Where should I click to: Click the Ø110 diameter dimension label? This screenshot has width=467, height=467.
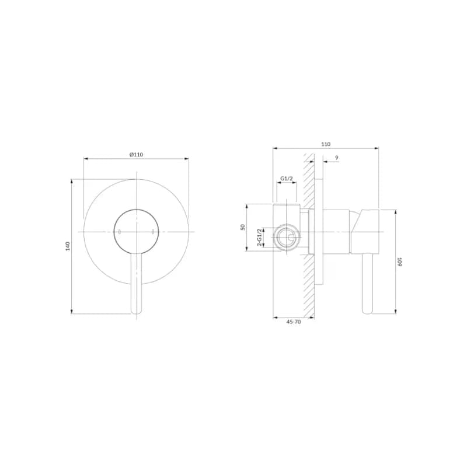click(136, 155)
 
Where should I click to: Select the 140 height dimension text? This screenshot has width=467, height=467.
click(68, 246)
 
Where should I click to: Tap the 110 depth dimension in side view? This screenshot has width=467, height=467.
click(326, 144)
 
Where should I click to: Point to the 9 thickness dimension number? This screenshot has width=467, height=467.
click(337, 158)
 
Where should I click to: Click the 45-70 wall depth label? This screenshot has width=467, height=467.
click(294, 322)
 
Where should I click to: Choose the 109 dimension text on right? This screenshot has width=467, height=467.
click(399, 262)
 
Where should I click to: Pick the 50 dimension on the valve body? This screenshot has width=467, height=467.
click(243, 227)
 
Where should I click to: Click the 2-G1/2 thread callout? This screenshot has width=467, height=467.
click(260, 238)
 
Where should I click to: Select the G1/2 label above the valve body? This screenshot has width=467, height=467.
click(287, 179)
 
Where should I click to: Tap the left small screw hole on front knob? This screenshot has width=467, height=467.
click(120, 232)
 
